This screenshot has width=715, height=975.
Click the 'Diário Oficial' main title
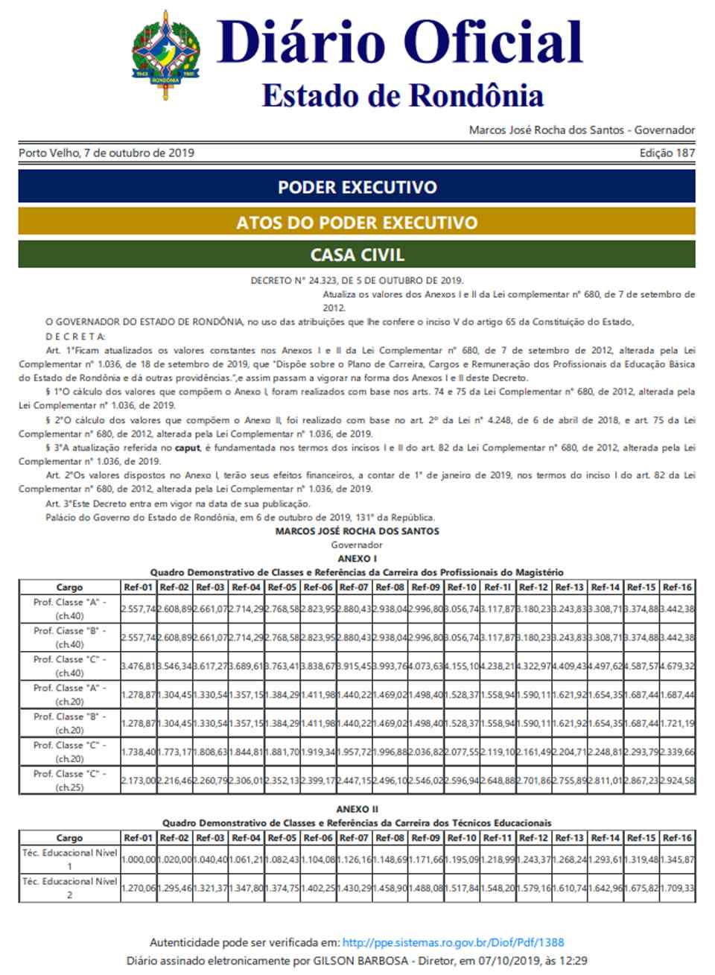[x=399, y=42]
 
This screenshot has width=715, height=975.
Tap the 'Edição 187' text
[x=667, y=153]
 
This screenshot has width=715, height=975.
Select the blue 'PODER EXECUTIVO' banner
[x=357, y=186]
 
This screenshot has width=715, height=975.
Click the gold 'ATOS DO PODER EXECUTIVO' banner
[x=357, y=222]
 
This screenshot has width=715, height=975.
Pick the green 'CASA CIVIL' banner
[x=357, y=255]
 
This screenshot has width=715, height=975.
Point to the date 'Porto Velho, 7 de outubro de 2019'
[x=107, y=153]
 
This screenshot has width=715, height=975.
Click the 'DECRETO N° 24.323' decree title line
[x=357, y=281]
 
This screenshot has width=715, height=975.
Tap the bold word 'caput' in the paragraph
[x=188, y=448]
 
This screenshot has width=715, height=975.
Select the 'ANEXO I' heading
[x=357, y=559]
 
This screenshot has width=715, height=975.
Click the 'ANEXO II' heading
[x=357, y=809]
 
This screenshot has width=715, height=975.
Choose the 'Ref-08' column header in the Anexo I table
[x=390, y=587]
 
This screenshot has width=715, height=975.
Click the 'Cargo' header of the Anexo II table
[x=69, y=838]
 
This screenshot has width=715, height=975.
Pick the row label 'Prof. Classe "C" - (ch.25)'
[x=69, y=781]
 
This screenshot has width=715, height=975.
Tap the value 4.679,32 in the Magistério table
[x=678, y=667]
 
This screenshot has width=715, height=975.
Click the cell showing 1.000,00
[x=139, y=860]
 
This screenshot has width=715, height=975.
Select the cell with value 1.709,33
[x=678, y=888]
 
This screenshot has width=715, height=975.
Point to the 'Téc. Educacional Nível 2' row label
[x=69, y=888]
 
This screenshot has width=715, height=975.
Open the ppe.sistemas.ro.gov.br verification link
[x=453, y=942]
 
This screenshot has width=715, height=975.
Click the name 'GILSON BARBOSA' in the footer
[x=361, y=961]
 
